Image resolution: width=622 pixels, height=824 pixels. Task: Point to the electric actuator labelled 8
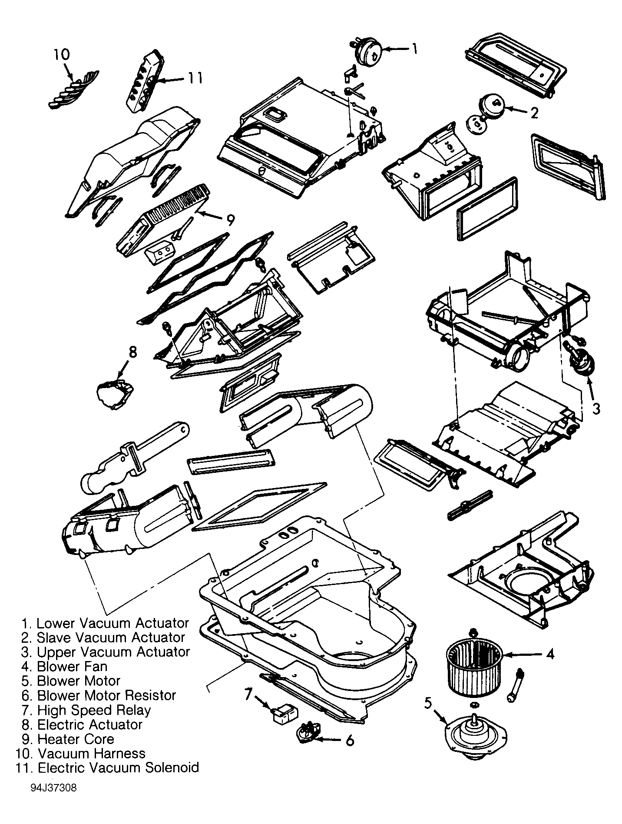coord(115,392)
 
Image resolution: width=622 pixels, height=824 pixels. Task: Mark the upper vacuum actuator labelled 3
coord(578,357)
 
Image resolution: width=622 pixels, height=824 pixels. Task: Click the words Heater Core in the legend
coord(76,739)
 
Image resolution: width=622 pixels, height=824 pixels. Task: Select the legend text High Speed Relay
coord(94,710)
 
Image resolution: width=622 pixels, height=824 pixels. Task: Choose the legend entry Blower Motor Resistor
coord(106,695)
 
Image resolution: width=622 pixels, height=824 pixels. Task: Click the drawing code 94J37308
coord(54,788)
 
